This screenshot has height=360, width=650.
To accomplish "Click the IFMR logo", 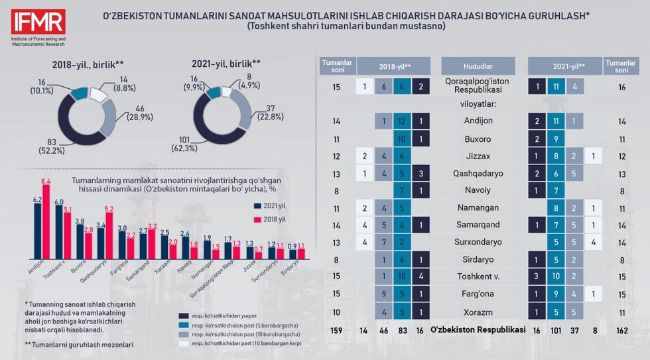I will point(38,23).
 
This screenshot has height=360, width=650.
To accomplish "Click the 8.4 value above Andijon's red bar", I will point(46,181).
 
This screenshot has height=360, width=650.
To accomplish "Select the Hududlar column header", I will point(478,66).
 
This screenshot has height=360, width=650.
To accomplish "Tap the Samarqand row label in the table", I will point(478,225).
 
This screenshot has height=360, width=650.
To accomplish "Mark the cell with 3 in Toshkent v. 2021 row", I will point(537,276).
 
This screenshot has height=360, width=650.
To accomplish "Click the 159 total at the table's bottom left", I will point(337,329).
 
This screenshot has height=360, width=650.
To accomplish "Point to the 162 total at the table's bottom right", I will point(621,329).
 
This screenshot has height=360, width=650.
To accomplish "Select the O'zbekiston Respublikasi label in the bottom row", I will point(478,329).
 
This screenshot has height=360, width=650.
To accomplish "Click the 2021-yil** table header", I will point(564,66).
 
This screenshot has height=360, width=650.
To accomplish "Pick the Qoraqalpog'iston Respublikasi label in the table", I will point(478,87).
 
